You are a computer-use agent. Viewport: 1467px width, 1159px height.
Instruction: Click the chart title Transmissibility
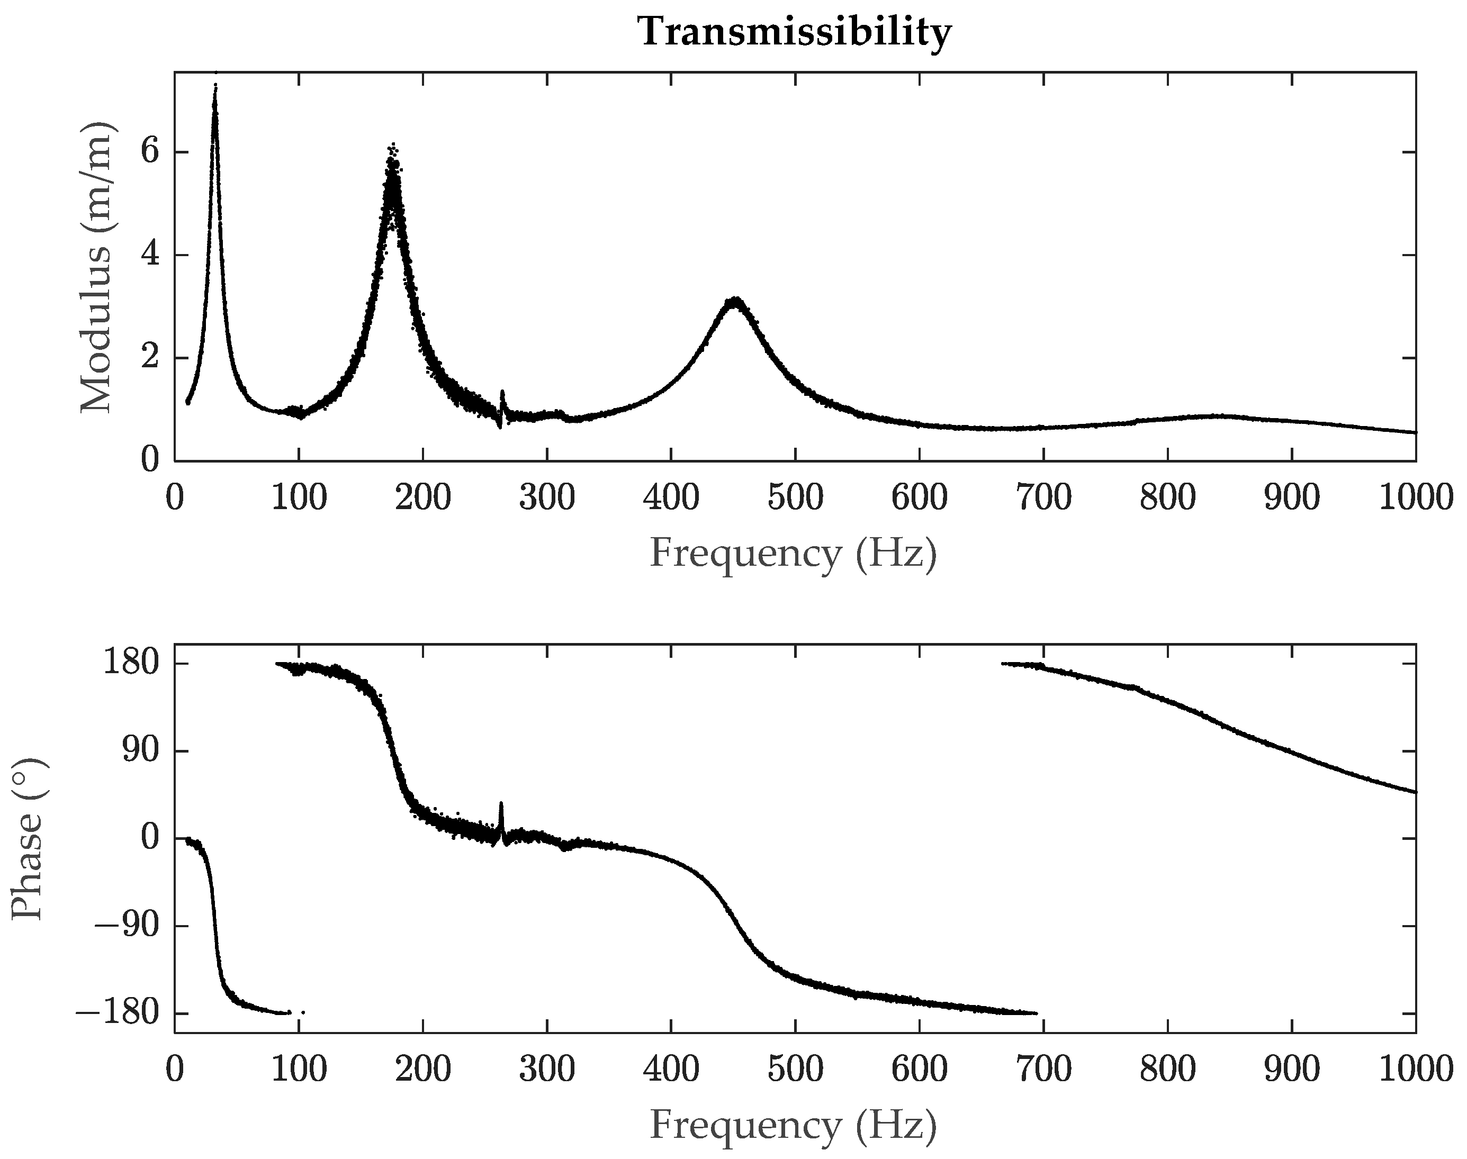tap(794, 32)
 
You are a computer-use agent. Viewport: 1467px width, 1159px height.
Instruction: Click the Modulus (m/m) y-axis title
tap(96, 267)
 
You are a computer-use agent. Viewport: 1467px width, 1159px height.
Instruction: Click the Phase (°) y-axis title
tap(29, 839)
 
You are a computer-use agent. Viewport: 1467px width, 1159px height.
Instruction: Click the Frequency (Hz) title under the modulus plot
tap(794, 553)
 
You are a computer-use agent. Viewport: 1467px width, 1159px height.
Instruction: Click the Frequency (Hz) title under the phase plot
tap(794, 1125)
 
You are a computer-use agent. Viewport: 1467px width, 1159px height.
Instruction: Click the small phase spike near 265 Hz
tap(501, 804)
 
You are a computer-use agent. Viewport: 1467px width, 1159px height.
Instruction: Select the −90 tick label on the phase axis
tap(127, 926)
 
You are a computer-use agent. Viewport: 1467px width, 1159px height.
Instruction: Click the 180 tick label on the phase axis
tap(131, 663)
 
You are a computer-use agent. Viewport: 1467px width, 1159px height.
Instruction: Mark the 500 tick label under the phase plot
tap(795, 1070)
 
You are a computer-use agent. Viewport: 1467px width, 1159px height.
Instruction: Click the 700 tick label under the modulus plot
tap(1043, 497)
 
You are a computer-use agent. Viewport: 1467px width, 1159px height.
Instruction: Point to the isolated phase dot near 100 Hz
tap(303, 1012)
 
